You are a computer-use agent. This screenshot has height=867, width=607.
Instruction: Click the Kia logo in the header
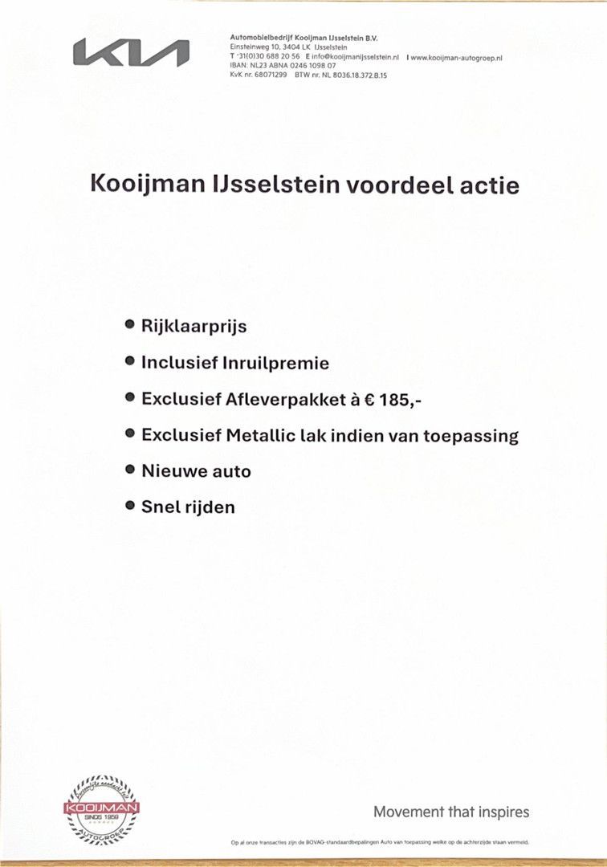click(x=131, y=53)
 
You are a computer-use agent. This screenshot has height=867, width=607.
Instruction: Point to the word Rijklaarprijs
click(x=194, y=327)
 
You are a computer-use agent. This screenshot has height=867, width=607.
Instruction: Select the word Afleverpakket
click(x=283, y=399)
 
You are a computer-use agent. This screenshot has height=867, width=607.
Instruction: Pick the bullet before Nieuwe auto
click(x=129, y=470)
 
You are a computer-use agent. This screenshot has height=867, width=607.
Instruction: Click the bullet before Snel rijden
click(x=129, y=506)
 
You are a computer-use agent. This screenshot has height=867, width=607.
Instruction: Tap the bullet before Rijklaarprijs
click(x=129, y=325)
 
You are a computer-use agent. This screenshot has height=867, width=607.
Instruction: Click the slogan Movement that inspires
click(x=451, y=812)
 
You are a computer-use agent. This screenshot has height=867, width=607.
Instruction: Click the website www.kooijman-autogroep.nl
click(x=457, y=58)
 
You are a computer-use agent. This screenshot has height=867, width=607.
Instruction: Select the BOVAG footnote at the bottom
click(x=379, y=842)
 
